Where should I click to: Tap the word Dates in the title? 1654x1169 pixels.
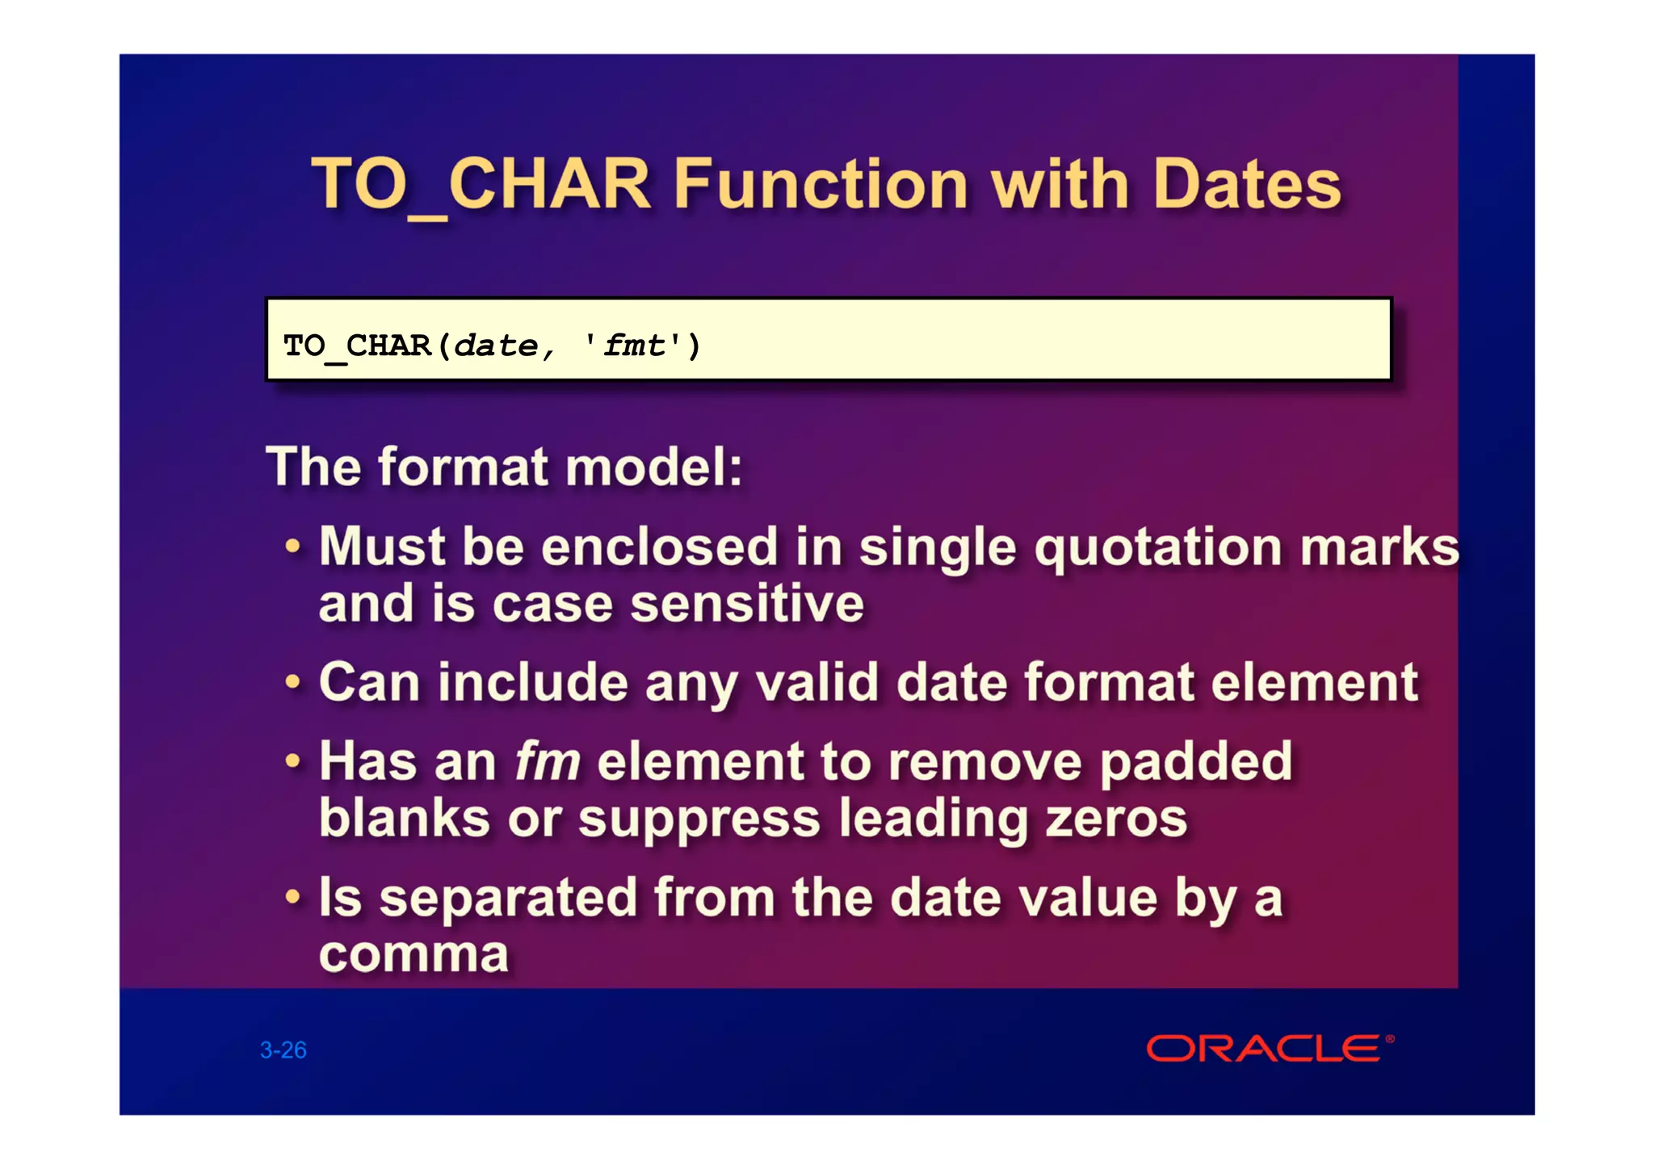[1246, 185]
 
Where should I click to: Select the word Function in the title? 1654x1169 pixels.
[820, 185]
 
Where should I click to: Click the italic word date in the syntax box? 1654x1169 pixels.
[496, 346]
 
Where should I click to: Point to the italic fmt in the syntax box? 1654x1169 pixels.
[635, 346]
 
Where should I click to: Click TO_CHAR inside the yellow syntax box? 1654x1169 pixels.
[357, 346]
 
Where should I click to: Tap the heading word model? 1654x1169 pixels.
[653, 467]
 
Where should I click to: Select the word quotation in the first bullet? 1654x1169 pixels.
[1158, 549]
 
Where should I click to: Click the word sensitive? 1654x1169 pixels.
[747, 605]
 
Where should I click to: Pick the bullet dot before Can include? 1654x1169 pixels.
[293, 683]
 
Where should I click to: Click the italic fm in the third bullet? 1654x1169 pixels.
[548, 762]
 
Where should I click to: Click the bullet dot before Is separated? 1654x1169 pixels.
[293, 897]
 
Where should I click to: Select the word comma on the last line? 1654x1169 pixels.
[413, 956]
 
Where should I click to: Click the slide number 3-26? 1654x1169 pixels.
[283, 1050]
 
